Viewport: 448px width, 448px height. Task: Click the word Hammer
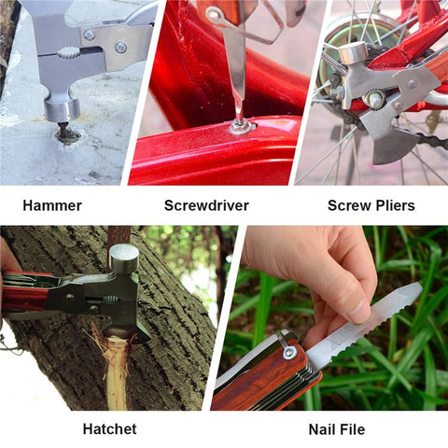pyautogui.click(x=52, y=205)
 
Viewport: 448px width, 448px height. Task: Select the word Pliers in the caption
pyautogui.click(x=393, y=205)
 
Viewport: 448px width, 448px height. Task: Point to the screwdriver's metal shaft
pyautogui.click(x=236, y=75)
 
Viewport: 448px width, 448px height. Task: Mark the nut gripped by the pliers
pyautogui.click(x=373, y=99)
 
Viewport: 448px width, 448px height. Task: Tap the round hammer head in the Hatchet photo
pyautogui.click(x=123, y=258)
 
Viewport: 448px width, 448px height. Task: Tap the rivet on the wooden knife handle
pyautogui.click(x=288, y=352)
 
